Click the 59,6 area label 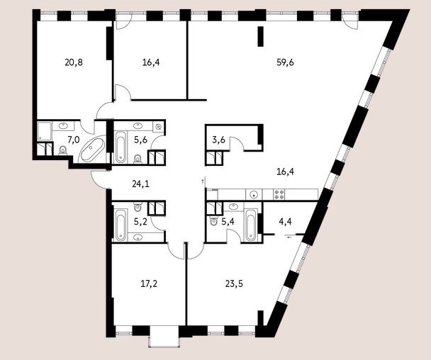tap(285, 62)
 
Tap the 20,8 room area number tap(74, 62)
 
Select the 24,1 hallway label tap(140, 184)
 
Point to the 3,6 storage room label tap(219, 140)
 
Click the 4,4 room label tap(285, 222)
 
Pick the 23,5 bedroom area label tap(234, 284)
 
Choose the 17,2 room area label tap(149, 284)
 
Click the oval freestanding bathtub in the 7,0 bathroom tap(92, 150)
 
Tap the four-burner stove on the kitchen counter tap(279, 194)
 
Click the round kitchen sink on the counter tap(254, 195)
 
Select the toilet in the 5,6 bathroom tap(138, 159)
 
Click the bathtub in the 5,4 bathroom tap(250, 225)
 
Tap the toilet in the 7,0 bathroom tap(63, 151)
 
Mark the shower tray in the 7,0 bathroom tap(44, 132)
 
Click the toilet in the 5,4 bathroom tap(213, 221)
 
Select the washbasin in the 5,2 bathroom tap(138, 237)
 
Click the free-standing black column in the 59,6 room tap(261, 37)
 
